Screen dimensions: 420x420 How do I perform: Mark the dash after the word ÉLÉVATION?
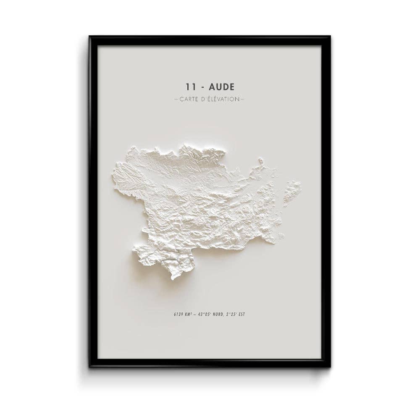pyautogui.click(x=242, y=100)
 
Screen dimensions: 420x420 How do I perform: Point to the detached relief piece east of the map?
pyautogui.click(x=291, y=192)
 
